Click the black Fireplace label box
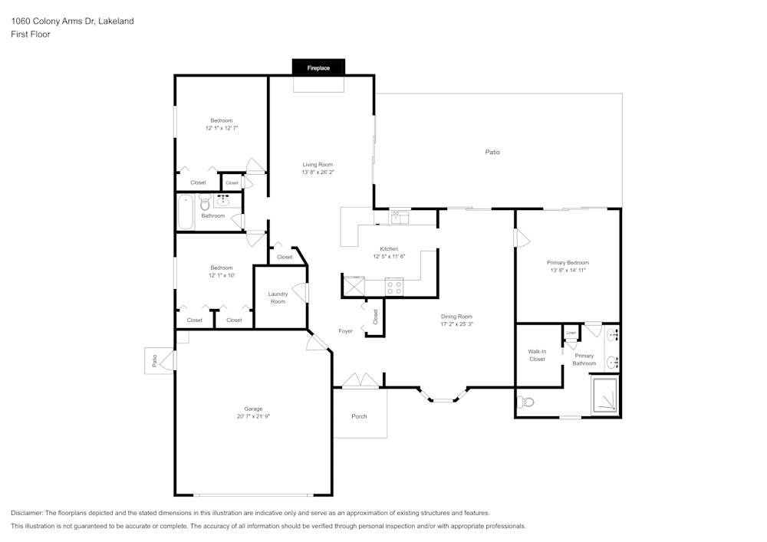click(x=318, y=67)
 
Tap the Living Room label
click(x=317, y=165)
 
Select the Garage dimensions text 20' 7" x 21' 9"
click(x=253, y=416)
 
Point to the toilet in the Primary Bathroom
click(x=527, y=402)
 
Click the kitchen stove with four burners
click(x=393, y=287)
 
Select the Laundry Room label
click(x=278, y=297)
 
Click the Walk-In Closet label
click(x=537, y=355)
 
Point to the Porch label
click(x=359, y=416)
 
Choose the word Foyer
click(x=346, y=331)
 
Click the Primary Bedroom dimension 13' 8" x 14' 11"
click(x=568, y=270)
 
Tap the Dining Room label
click(x=456, y=316)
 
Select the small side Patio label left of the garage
click(x=154, y=360)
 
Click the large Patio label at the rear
click(x=492, y=152)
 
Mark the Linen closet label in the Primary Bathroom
click(x=571, y=333)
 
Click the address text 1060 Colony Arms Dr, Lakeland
click(x=72, y=21)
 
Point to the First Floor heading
click(x=31, y=34)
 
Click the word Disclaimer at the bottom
click(x=27, y=512)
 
